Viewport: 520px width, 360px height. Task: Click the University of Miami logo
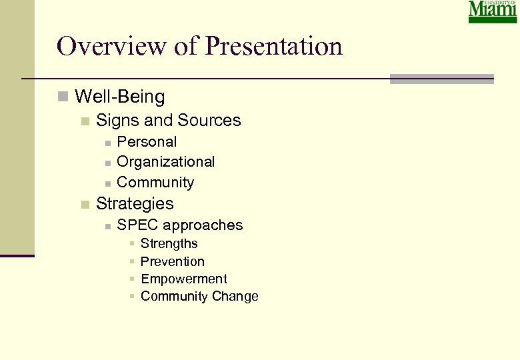[x=493, y=12]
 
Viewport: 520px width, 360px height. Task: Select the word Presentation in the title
[x=274, y=46]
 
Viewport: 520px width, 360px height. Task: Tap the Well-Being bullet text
[x=120, y=97]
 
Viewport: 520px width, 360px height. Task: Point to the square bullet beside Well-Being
[x=63, y=97]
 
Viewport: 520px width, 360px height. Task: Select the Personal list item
[x=147, y=142]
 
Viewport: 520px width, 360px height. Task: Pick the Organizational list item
[x=165, y=162]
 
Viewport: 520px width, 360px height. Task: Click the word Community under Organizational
[x=155, y=182]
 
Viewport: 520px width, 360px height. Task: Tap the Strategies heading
[x=135, y=204]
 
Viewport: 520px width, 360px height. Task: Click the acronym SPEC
[x=137, y=225]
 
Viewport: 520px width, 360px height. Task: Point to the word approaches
[x=203, y=225]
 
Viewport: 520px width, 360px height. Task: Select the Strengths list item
[x=169, y=244]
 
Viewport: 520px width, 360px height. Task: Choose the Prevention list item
[x=173, y=261]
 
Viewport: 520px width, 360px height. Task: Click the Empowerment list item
[x=184, y=279]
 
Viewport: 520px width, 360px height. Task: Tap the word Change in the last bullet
[x=234, y=297]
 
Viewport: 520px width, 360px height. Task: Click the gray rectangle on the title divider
[x=441, y=79]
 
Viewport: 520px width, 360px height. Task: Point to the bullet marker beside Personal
[x=107, y=143]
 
